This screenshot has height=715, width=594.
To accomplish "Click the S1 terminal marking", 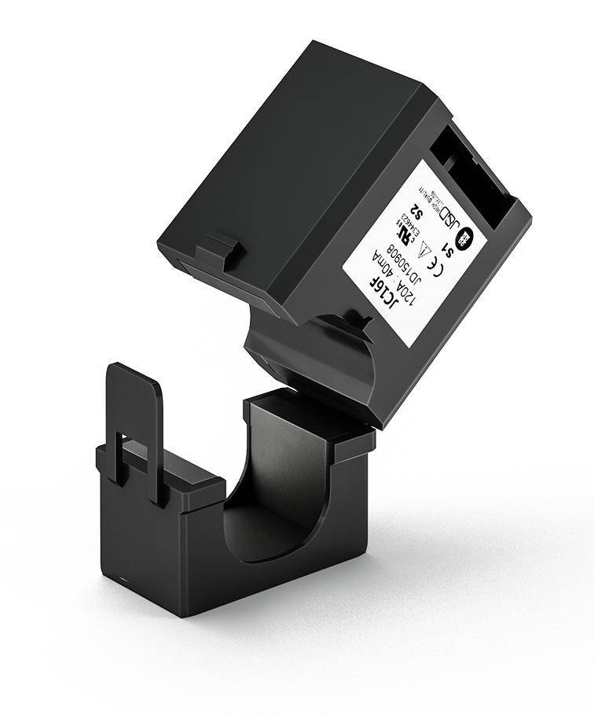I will point(449,249).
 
